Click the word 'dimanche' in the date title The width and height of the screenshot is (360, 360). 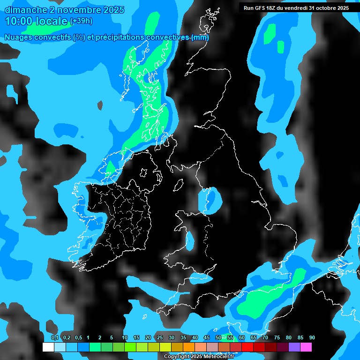24,10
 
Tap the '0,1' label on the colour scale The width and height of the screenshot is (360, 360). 55,338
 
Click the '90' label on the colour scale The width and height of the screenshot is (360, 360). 312,338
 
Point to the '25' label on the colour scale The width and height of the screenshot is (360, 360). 160,338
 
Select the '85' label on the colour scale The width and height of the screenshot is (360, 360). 300,338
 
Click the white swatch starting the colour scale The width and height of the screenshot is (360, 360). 48,347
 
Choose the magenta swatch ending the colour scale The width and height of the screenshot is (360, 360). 306,347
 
